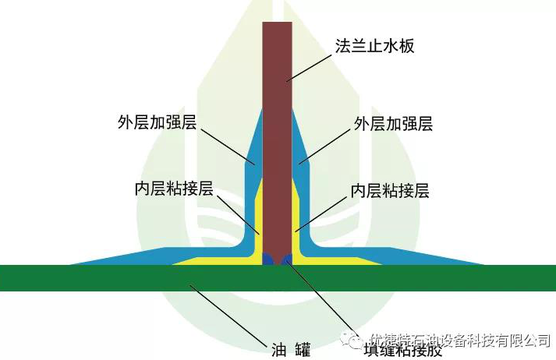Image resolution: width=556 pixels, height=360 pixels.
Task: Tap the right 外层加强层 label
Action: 393,123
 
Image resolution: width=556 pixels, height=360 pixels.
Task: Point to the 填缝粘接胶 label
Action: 402,349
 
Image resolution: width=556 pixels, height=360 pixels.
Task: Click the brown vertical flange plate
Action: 277,117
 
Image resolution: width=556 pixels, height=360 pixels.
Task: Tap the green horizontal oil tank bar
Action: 117,277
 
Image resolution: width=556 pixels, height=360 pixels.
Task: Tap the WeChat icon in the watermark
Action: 356,341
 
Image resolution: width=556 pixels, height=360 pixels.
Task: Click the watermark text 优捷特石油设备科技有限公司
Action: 461,341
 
